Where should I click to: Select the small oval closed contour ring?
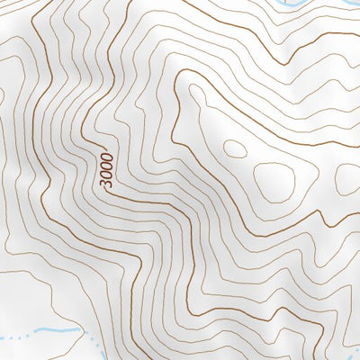[233, 149]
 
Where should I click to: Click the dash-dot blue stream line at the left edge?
[9, 338]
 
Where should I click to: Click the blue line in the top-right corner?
[346, 9]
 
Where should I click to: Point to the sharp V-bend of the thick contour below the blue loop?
[293, 63]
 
